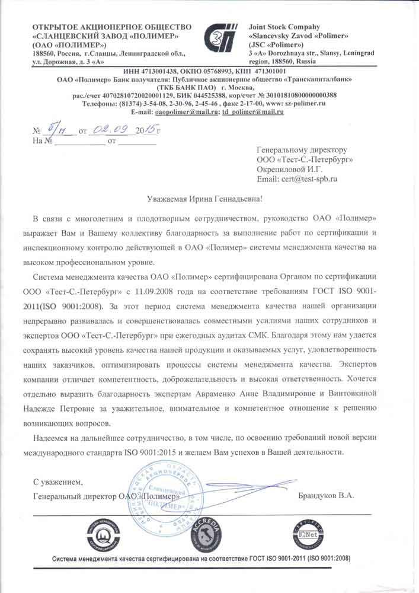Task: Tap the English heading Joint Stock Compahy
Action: pyautogui.click(x=284, y=27)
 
